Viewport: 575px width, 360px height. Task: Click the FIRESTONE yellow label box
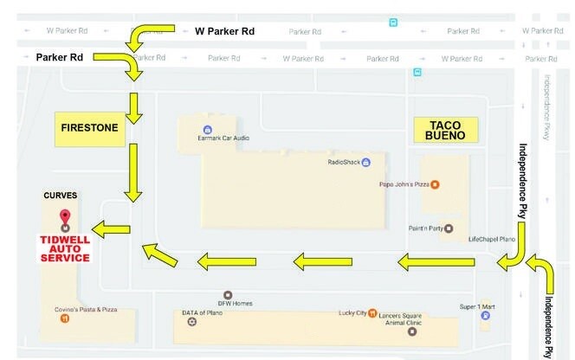88,128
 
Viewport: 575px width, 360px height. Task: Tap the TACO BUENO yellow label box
446,129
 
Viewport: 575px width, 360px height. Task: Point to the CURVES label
61,195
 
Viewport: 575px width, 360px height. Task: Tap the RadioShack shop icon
366,162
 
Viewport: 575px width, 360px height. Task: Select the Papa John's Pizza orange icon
436,183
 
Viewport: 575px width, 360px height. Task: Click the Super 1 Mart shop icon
486,316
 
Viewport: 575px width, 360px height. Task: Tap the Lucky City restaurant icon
371,312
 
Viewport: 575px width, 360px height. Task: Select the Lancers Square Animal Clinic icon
412,331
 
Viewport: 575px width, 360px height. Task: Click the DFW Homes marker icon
228,295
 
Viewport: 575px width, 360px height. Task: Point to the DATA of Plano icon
191,322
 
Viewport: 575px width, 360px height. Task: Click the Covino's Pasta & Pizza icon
65,318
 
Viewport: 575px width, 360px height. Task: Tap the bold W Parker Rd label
224,31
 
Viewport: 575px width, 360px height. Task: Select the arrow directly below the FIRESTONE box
132,172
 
